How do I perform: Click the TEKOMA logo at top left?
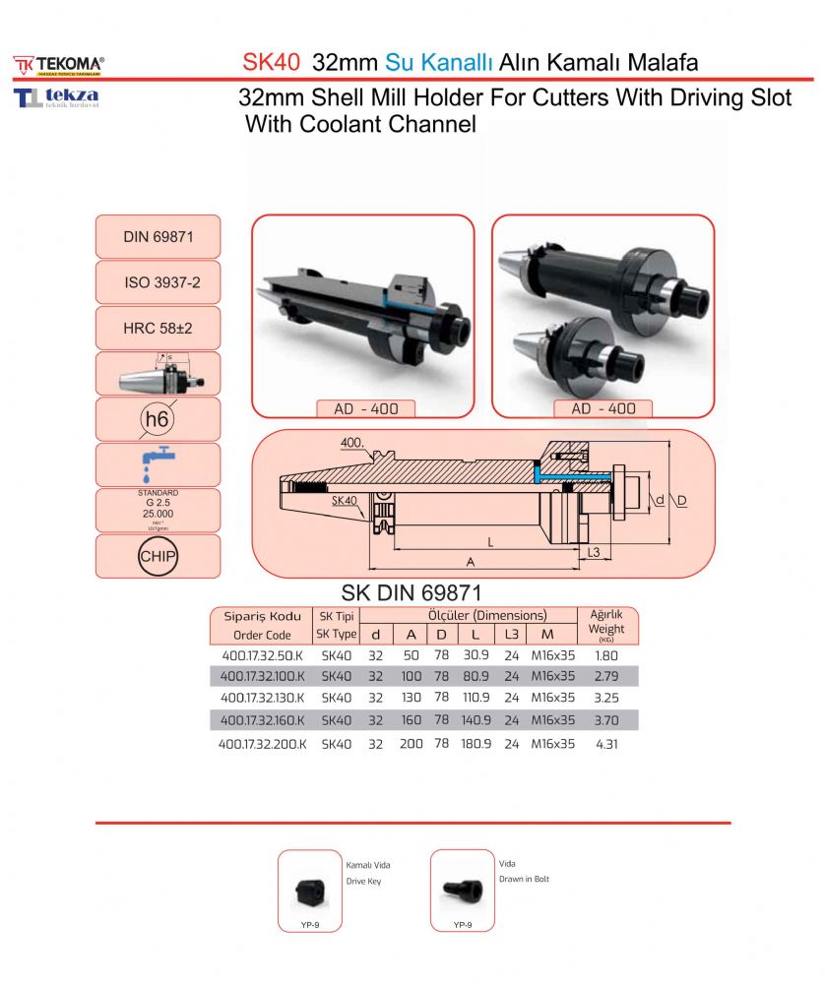coord(59,65)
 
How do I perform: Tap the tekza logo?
coord(56,98)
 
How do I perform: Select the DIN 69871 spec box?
coord(158,236)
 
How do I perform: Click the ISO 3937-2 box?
coord(158,282)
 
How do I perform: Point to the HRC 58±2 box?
coord(158,329)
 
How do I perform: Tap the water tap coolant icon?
coord(157,464)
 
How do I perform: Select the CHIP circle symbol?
coord(157,556)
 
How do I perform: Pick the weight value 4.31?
coord(606,745)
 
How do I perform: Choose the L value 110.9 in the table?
coord(476,699)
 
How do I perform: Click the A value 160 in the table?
coord(412,721)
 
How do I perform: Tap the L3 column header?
coord(511,635)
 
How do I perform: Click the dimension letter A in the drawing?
coord(471,562)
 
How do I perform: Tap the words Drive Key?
coord(363,882)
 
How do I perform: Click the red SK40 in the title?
coord(271,63)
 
